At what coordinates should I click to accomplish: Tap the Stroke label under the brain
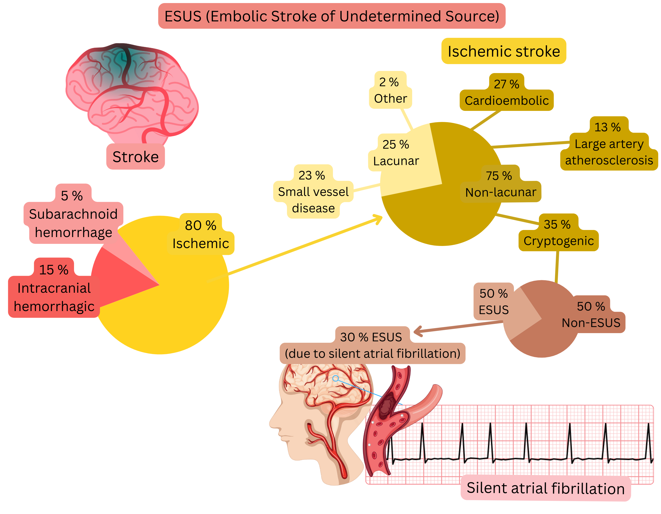click(135, 157)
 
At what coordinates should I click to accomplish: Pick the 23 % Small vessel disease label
click(313, 192)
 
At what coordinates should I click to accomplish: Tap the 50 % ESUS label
click(494, 302)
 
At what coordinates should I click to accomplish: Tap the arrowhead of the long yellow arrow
click(379, 218)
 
